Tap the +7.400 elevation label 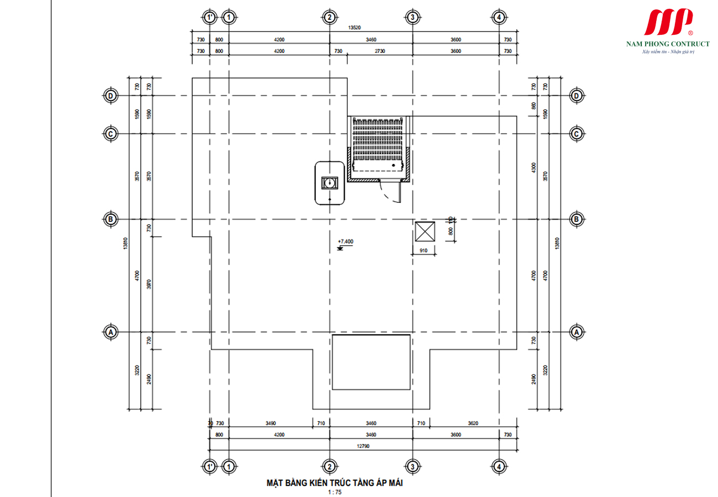[x=345, y=242]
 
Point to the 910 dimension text [x=424, y=251]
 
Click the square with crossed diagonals [x=425, y=231]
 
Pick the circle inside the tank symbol [x=330, y=182]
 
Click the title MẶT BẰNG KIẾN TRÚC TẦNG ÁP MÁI [x=335, y=483]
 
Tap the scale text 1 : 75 [x=335, y=493]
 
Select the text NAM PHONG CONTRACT [x=667, y=44]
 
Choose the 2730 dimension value [x=379, y=51]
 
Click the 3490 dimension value [x=270, y=423]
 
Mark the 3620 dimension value [x=473, y=423]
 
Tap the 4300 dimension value [x=534, y=168]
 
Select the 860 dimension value [x=534, y=106]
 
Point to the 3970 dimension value [x=149, y=284]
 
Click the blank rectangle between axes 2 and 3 [x=371, y=362]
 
